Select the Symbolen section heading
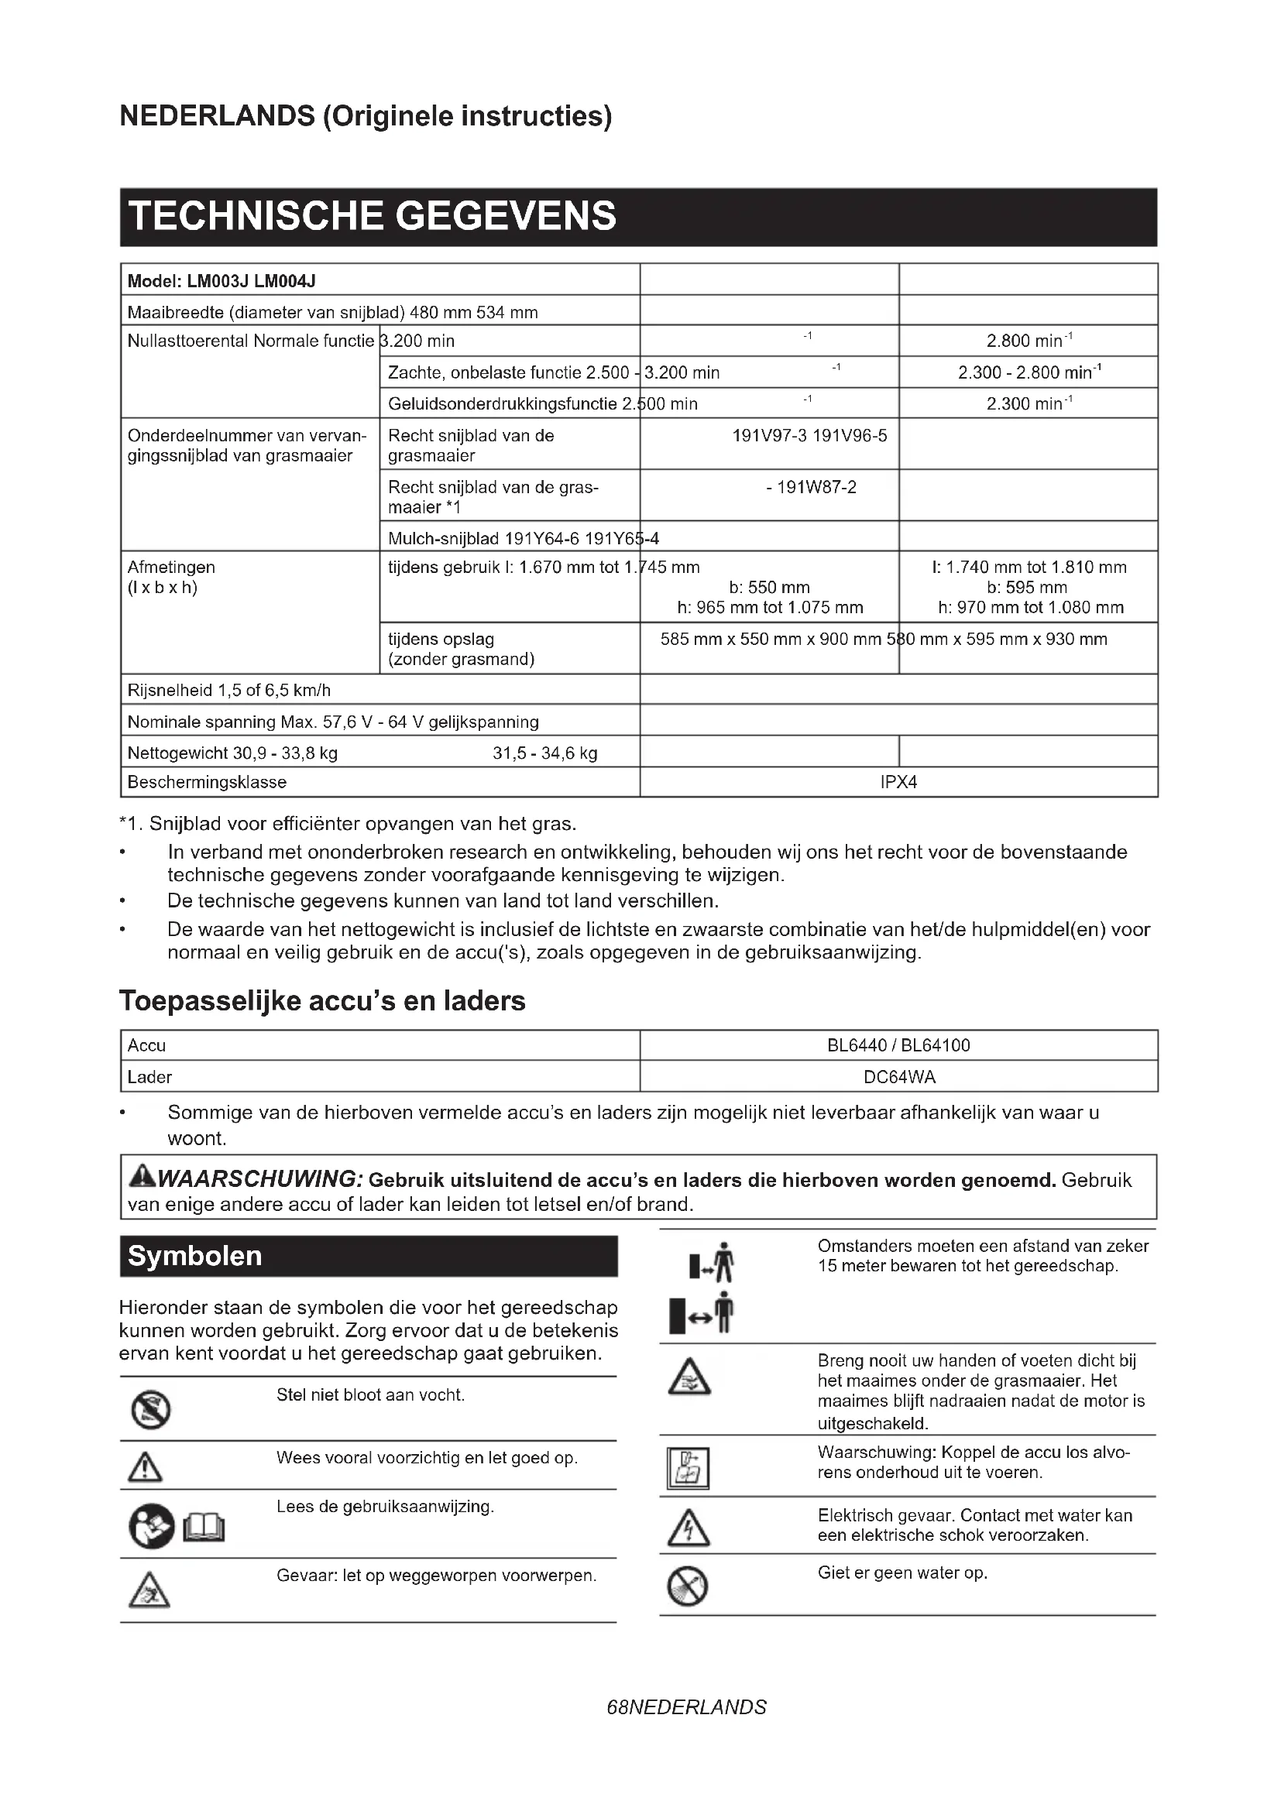click(x=194, y=1256)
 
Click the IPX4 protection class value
click(x=898, y=782)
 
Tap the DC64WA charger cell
click(x=899, y=1077)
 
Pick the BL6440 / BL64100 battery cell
click(x=898, y=1045)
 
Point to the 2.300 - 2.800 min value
click(x=1029, y=372)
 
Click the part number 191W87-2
click(x=811, y=488)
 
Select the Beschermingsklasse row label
click(x=207, y=782)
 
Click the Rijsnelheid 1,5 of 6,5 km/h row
click(x=228, y=690)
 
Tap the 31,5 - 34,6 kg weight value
click(x=545, y=753)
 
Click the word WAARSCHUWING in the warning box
click(x=259, y=1179)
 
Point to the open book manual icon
click(x=204, y=1530)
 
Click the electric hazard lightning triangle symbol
click(x=689, y=1528)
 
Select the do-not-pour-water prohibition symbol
click(x=688, y=1586)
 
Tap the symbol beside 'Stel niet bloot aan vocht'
click(x=151, y=1409)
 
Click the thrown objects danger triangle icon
click(x=149, y=1591)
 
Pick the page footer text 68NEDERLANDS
click(x=686, y=1708)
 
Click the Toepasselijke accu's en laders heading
click(x=322, y=1000)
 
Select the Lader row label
click(x=149, y=1077)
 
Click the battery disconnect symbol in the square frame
click(x=688, y=1468)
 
